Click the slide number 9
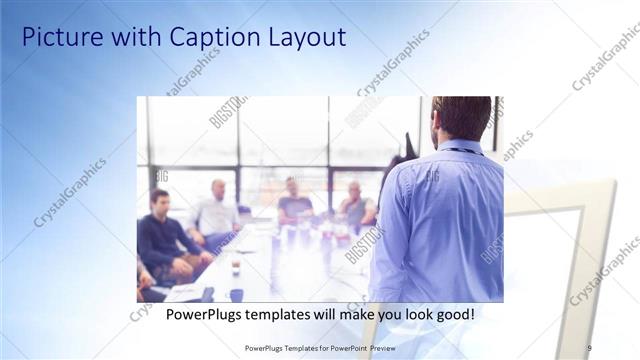click(589, 347)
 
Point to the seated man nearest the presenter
click(355, 207)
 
